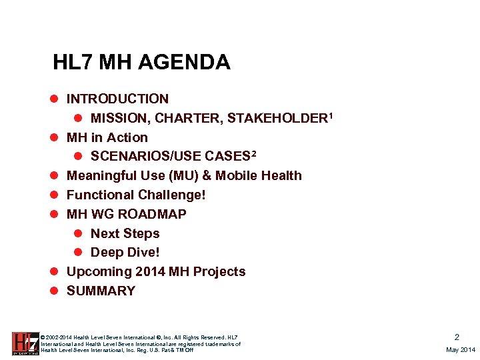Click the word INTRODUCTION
(117, 99)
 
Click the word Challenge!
(170, 195)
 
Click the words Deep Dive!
(125, 253)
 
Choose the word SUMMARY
(101, 291)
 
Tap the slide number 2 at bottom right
(457, 337)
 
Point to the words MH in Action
(107, 138)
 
